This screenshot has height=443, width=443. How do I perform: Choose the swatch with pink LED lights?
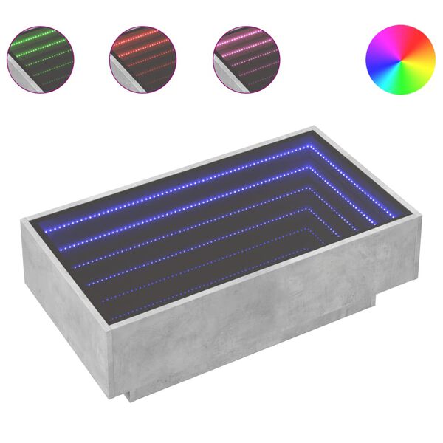(x=247, y=58)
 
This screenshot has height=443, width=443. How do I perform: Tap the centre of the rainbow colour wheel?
(x=400, y=60)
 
